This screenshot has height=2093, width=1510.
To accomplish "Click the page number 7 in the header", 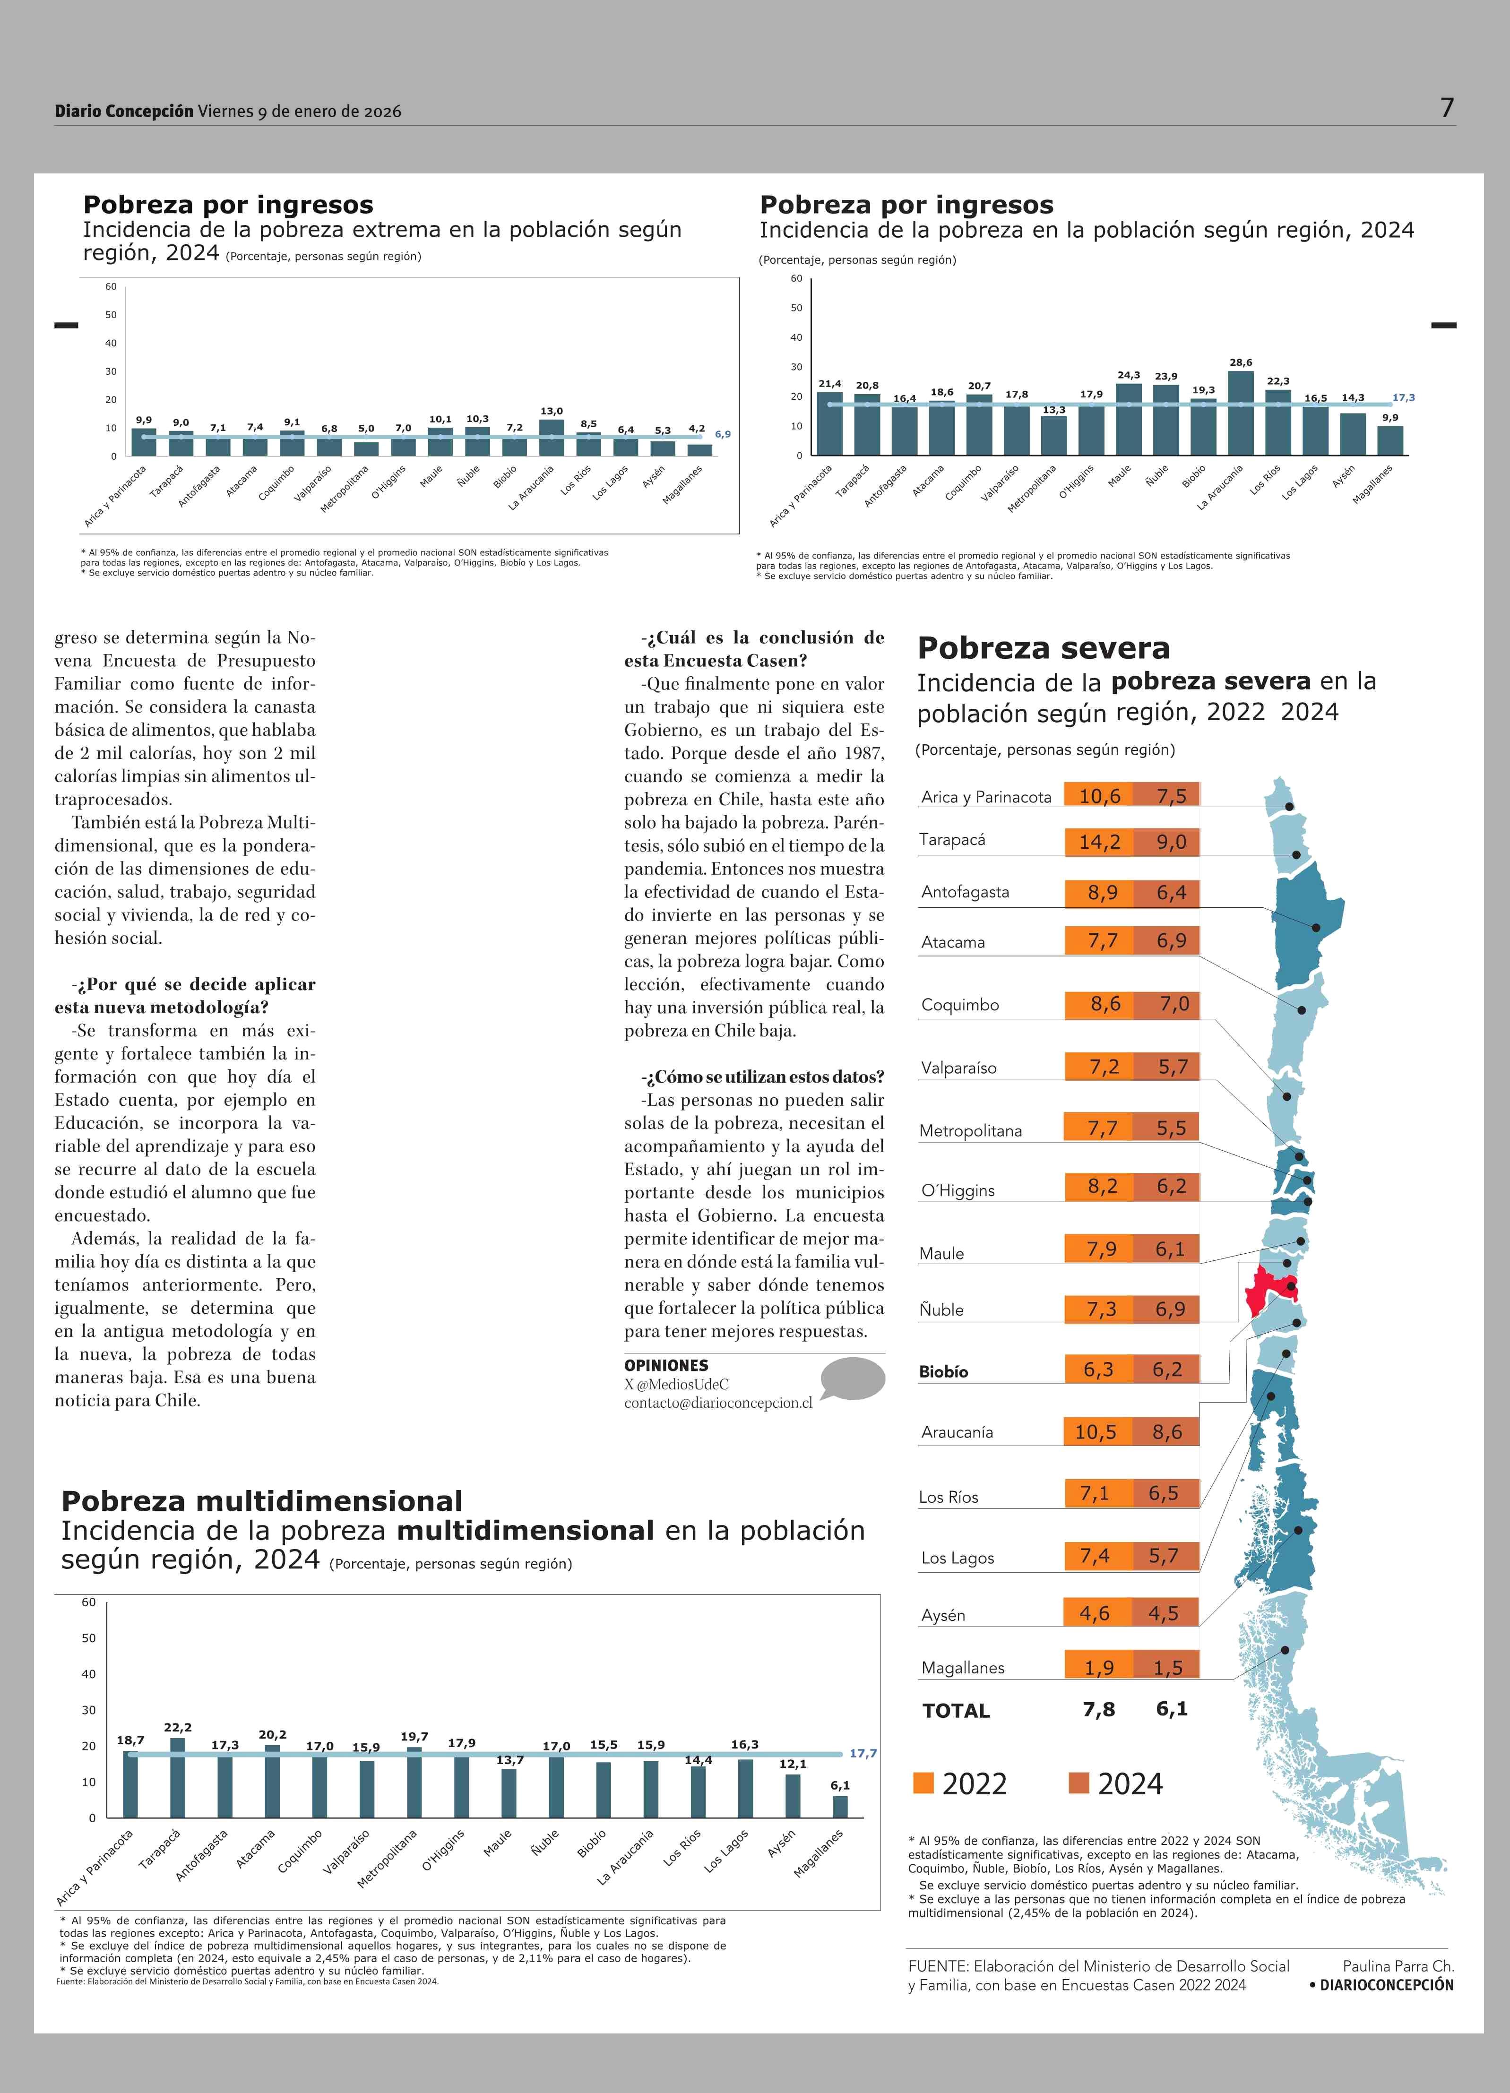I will (1447, 109).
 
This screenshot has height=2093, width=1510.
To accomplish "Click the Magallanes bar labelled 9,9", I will (1390, 440).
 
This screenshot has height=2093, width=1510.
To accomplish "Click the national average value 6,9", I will (723, 434).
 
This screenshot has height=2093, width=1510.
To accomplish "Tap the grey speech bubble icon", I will (853, 1379).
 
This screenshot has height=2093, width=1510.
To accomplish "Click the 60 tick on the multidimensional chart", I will (88, 1602).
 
